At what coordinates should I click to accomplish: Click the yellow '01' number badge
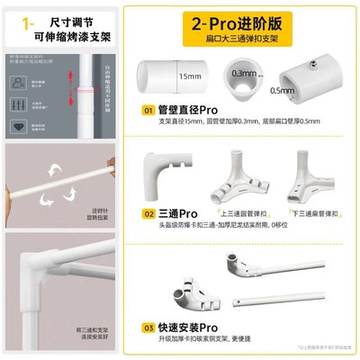point(148,111)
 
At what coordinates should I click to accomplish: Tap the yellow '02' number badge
point(148,214)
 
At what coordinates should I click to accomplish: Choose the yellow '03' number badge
point(148,329)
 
